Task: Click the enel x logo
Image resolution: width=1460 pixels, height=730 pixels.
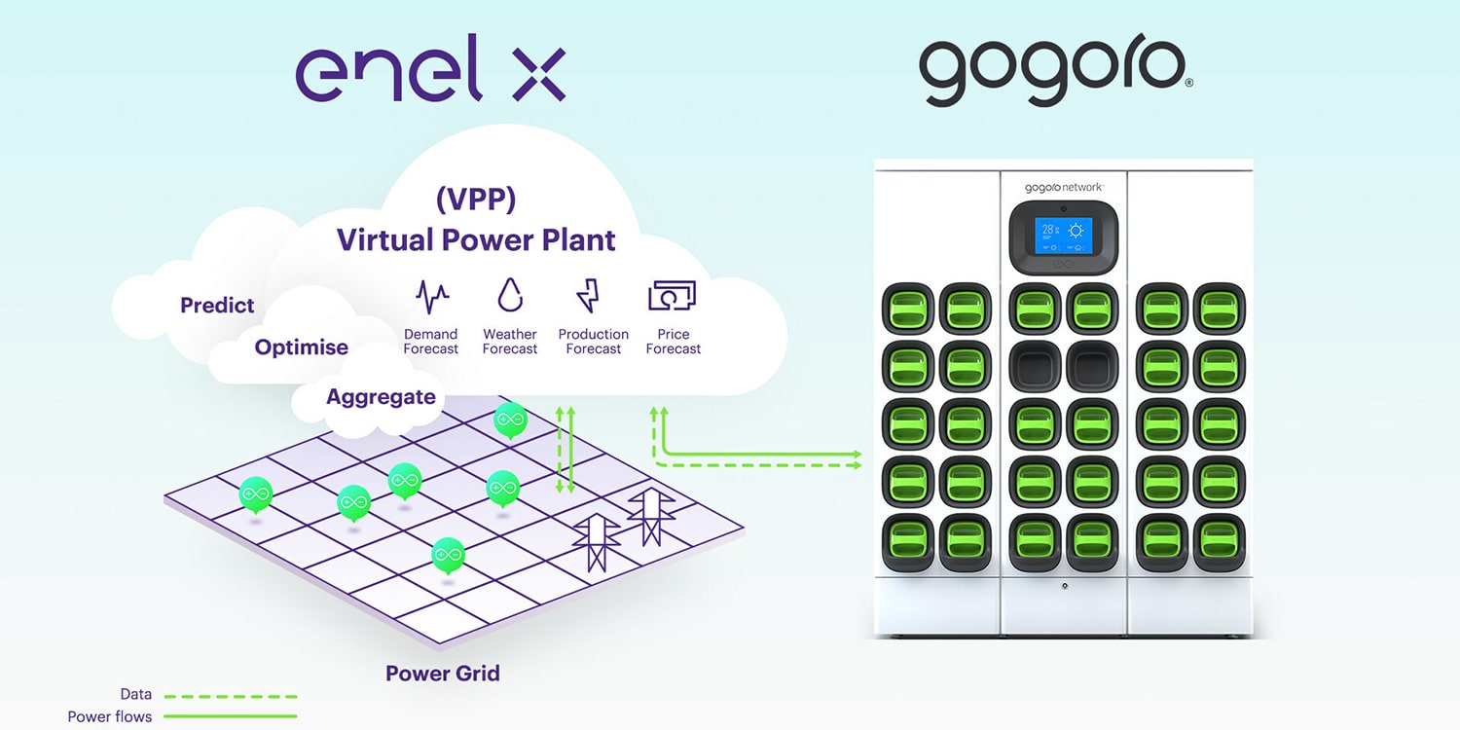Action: (430, 68)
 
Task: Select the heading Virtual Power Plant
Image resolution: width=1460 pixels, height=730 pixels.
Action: (476, 239)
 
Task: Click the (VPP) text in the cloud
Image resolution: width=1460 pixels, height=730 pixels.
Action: (476, 199)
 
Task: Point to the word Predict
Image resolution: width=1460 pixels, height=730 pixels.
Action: (217, 305)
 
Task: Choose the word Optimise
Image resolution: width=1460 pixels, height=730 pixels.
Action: (301, 347)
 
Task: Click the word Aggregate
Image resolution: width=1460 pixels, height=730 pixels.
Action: (381, 396)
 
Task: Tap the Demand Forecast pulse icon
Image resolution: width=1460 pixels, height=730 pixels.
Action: (432, 297)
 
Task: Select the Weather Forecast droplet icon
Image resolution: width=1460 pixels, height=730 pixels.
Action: (510, 295)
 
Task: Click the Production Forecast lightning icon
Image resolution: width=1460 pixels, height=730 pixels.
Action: (589, 296)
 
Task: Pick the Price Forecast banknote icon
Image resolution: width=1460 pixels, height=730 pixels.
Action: (672, 295)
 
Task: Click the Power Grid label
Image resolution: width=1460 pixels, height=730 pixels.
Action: (443, 674)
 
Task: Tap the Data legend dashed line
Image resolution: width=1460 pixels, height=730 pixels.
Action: (230, 697)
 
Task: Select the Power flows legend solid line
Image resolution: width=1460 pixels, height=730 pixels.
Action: (230, 716)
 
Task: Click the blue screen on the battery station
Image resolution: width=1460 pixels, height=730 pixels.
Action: (1063, 236)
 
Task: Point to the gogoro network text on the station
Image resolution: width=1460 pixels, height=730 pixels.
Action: (1063, 188)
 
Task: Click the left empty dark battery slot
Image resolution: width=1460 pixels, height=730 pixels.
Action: (1035, 366)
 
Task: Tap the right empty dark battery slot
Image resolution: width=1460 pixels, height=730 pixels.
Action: (1092, 366)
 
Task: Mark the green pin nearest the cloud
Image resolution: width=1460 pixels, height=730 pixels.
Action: (510, 420)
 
